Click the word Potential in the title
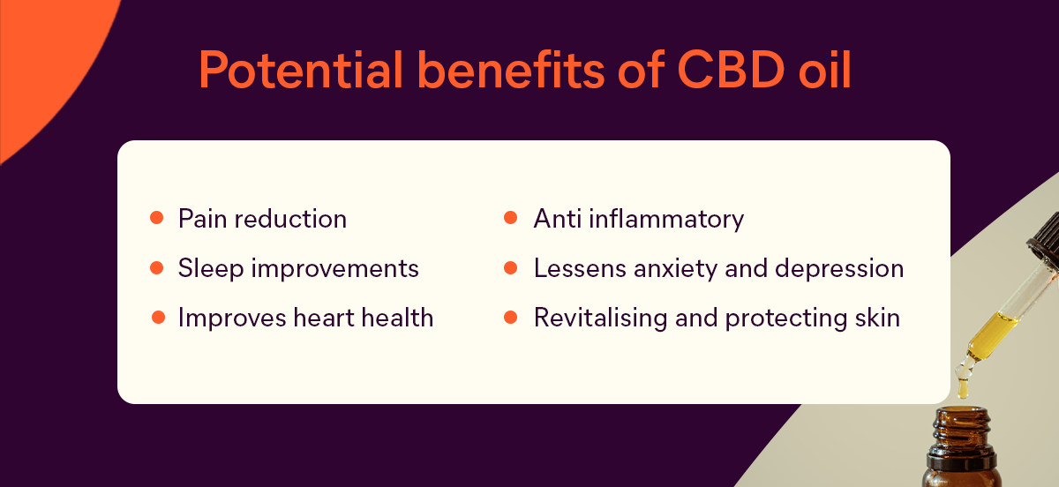click(x=301, y=70)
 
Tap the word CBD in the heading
click(x=732, y=70)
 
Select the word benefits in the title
click(x=511, y=70)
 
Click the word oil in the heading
click(x=825, y=70)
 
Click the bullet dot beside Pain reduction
click(x=156, y=218)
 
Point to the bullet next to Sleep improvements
click(x=156, y=268)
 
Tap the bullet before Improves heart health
click(x=158, y=318)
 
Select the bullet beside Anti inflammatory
click(x=510, y=218)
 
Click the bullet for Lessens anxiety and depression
click(x=510, y=268)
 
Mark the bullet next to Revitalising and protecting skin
click(x=510, y=318)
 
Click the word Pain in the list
click(x=202, y=219)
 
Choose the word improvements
click(x=334, y=269)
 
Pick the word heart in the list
click(x=323, y=318)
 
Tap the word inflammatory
click(x=666, y=220)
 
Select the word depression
click(x=839, y=269)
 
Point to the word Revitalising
click(x=600, y=318)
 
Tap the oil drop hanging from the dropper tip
click(x=963, y=389)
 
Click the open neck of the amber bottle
click(x=962, y=412)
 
